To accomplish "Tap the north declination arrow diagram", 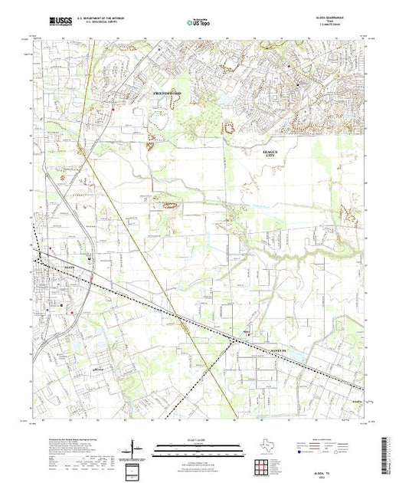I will tap(135, 448).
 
